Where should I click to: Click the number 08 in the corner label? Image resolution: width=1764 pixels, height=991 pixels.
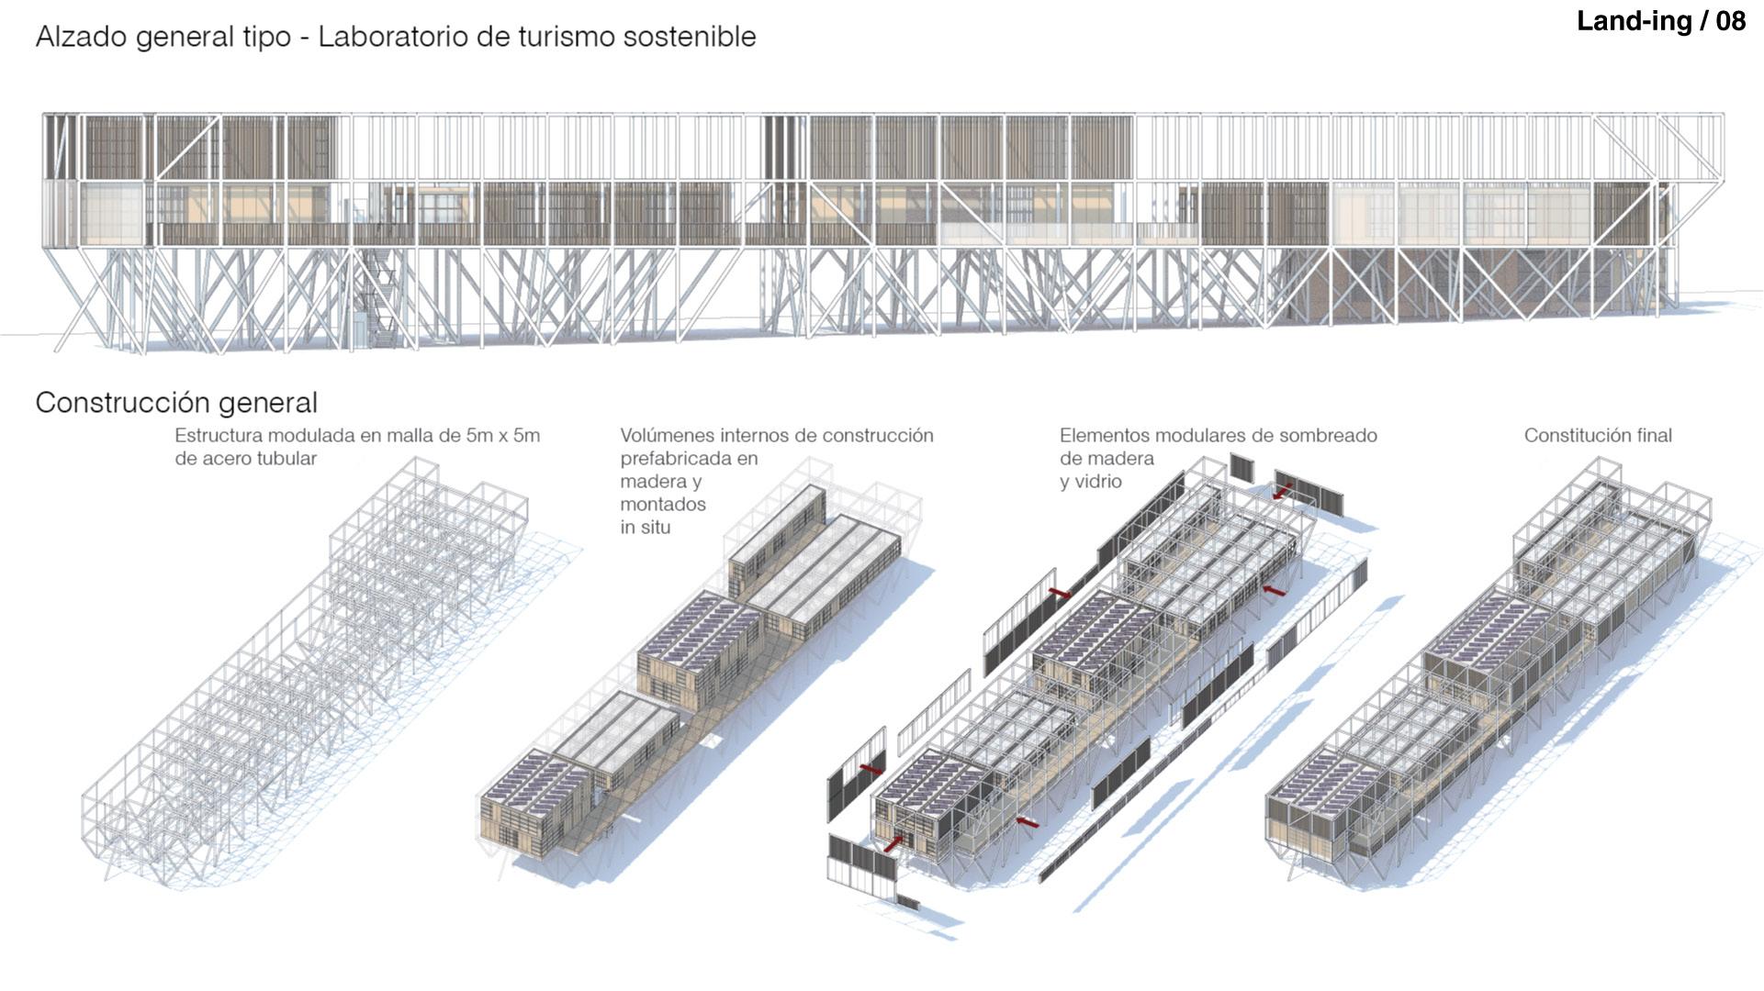[1729, 21]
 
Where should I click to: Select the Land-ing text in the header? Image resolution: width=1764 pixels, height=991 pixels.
[1635, 21]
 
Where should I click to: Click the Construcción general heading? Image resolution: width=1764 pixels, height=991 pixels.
[176, 402]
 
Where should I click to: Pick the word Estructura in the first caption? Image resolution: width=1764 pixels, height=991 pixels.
[217, 435]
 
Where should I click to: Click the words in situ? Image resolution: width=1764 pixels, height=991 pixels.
[645, 527]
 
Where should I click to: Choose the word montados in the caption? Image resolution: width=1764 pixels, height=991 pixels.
[663, 504]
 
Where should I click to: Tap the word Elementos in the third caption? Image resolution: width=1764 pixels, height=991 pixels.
[1103, 435]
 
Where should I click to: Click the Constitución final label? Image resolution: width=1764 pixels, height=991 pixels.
[1598, 435]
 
